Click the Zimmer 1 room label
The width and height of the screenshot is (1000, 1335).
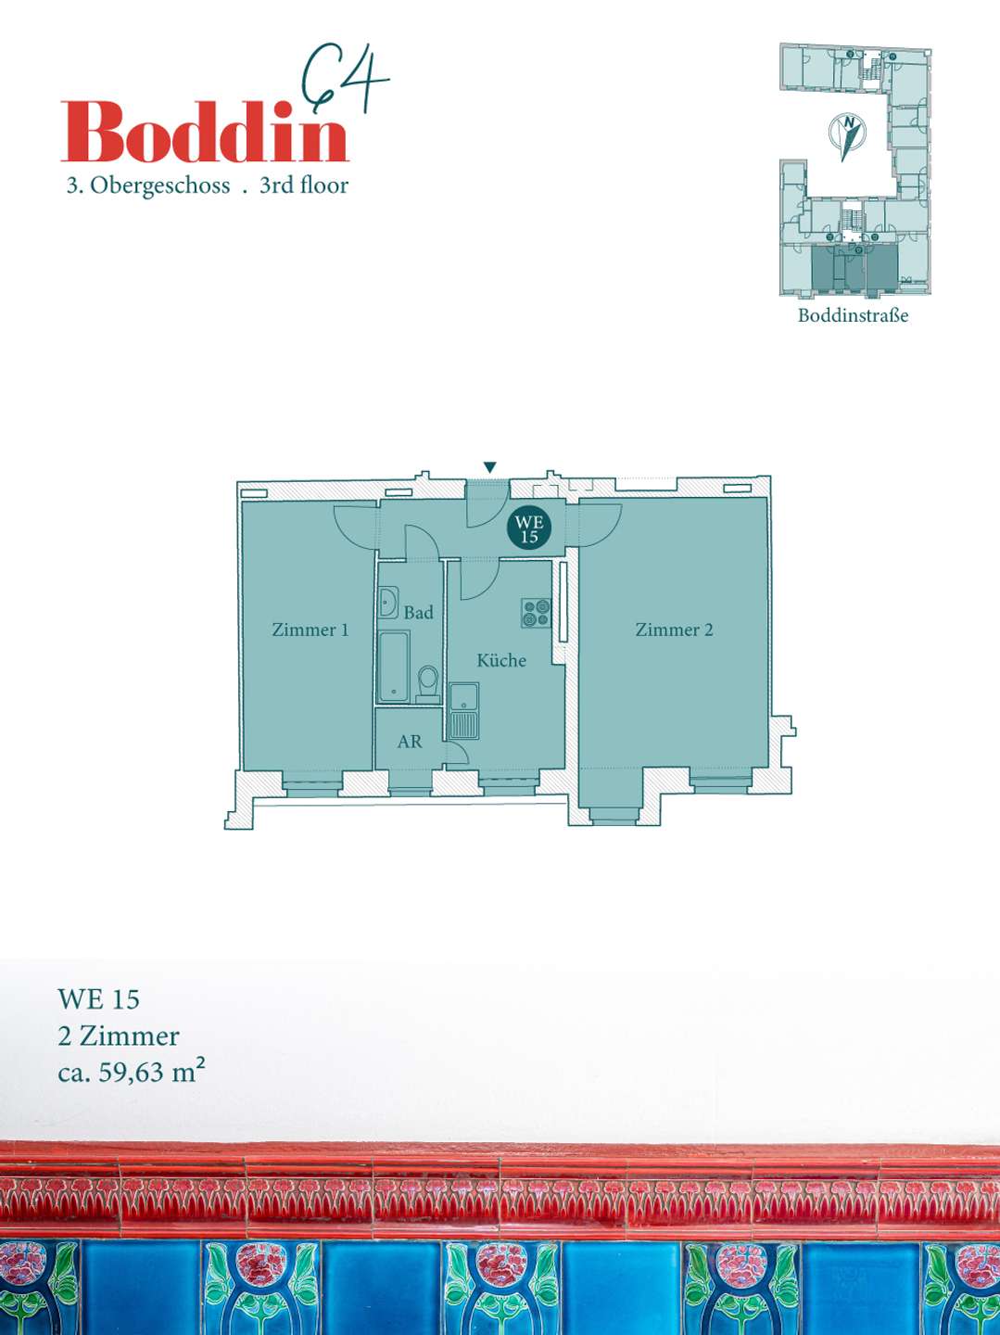[310, 630]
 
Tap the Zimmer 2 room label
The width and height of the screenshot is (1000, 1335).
[674, 630]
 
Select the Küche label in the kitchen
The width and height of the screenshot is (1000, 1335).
[501, 661]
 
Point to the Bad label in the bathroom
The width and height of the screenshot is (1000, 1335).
[418, 613]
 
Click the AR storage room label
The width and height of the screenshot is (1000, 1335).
[410, 742]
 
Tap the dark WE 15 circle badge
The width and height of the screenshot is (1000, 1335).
[529, 528]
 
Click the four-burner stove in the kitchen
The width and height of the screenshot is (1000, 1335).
[537, 613]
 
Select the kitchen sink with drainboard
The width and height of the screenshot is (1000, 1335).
[464, 711]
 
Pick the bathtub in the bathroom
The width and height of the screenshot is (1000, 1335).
[394, 667]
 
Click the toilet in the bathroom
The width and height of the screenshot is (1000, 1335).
[427, 680]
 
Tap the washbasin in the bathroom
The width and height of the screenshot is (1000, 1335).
[388, 602]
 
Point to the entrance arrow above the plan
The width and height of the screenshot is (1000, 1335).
[490, 467]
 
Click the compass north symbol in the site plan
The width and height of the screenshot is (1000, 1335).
[847, 133]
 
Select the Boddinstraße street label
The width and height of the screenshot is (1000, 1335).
[853, 315]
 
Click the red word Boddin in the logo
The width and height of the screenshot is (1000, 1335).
[204, 132]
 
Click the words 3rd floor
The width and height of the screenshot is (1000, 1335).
[304, 185]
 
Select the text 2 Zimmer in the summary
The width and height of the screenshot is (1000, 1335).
[119, 1036]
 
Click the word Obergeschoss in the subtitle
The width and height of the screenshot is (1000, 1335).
[160, 185]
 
